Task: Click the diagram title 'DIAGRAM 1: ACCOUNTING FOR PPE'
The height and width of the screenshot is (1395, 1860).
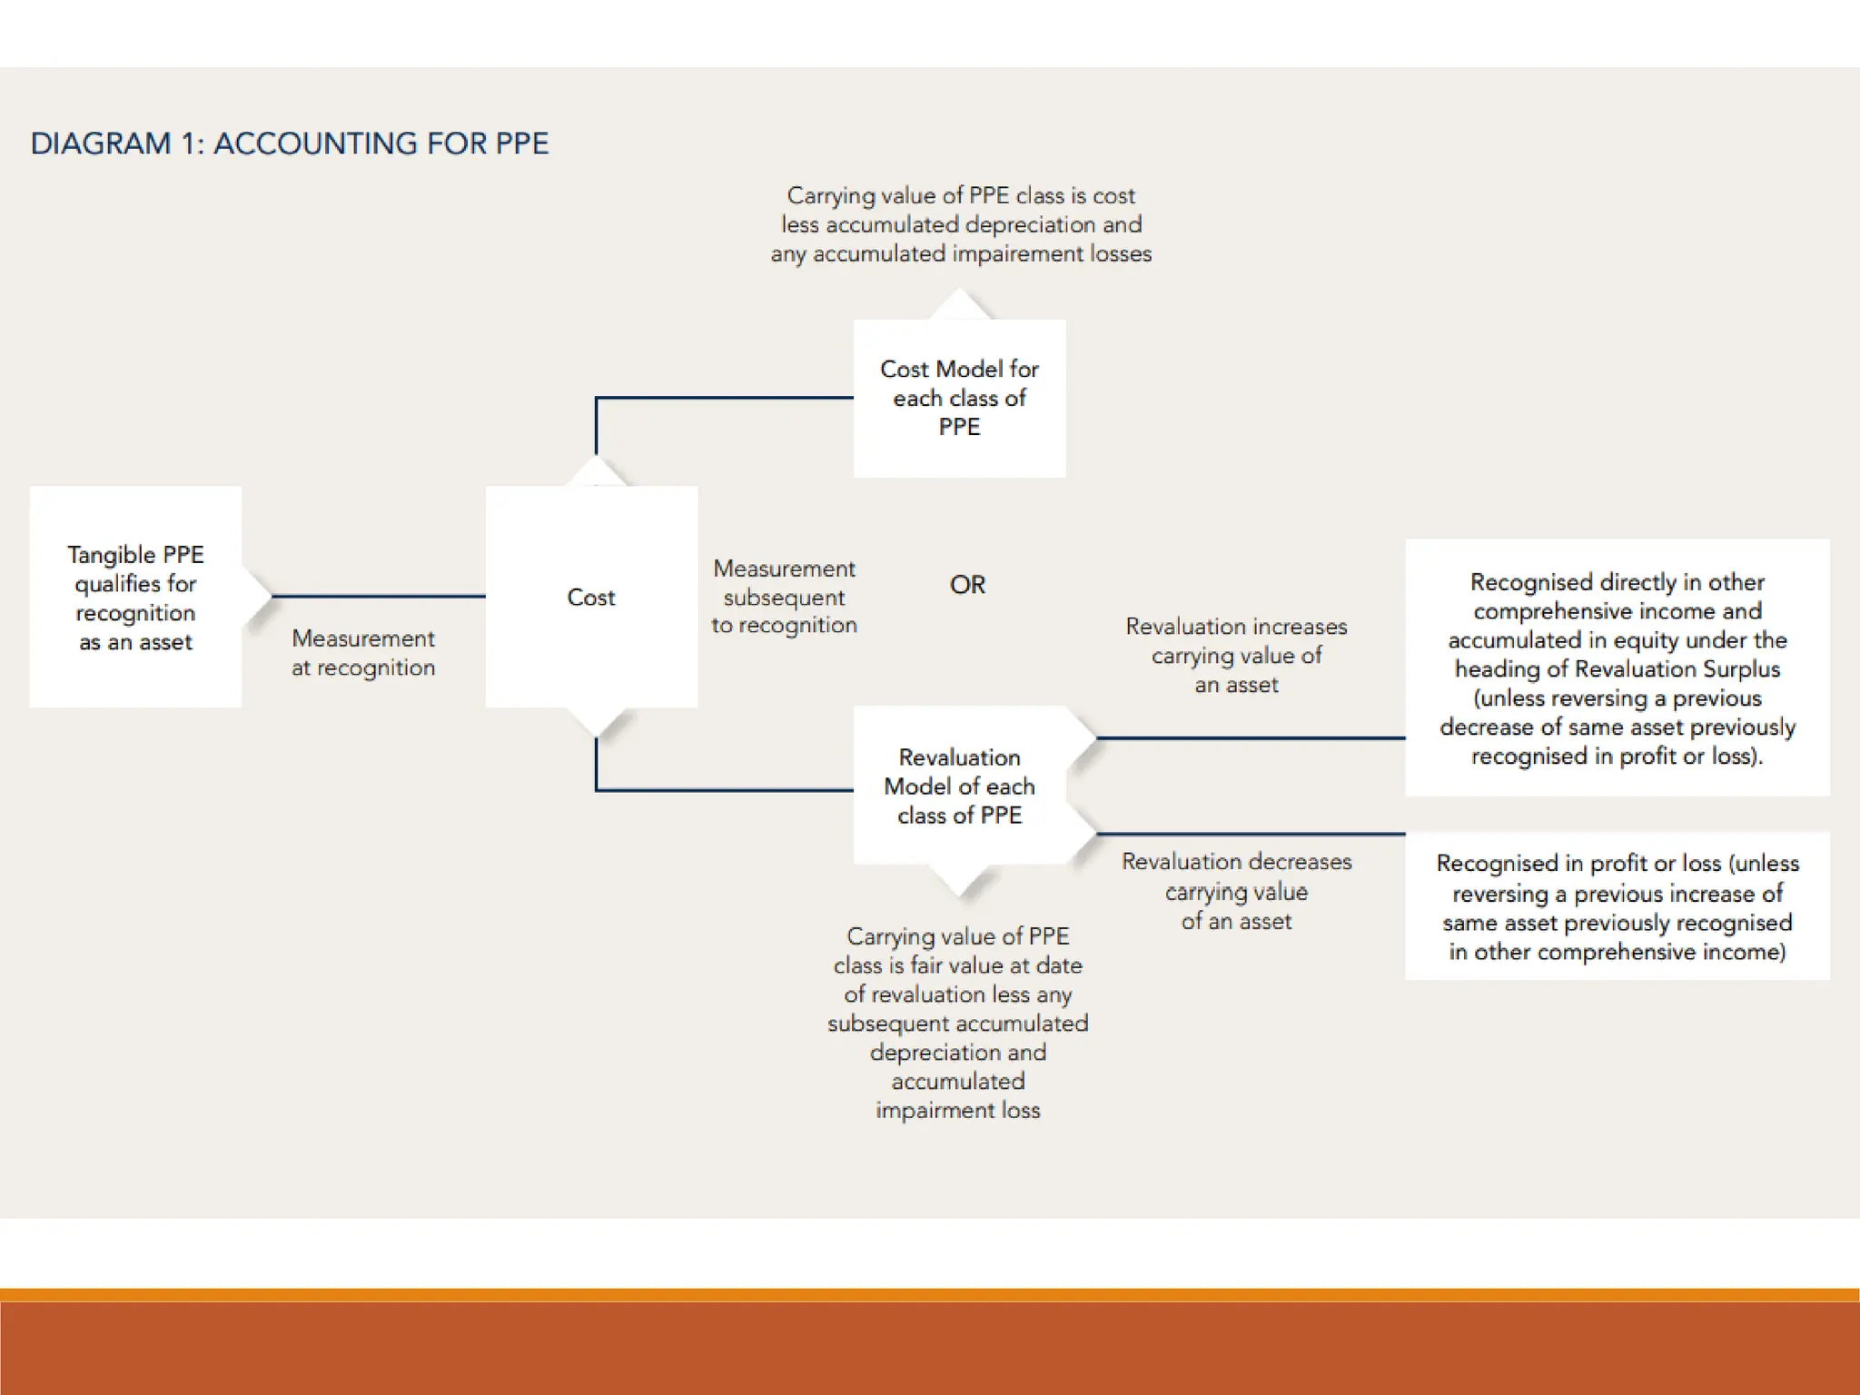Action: click(290, 143)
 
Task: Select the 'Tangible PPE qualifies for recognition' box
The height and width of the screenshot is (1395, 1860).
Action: click(135, 597)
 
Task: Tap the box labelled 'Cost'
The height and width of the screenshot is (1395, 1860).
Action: click(591, 597)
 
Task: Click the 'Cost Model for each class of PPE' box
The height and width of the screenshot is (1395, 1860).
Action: click(959, 398)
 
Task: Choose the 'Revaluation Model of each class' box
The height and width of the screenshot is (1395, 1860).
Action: click(959, 786)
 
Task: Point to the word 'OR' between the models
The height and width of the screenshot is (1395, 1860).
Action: click(967, 585)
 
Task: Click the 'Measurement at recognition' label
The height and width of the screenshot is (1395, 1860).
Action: click(363, 653)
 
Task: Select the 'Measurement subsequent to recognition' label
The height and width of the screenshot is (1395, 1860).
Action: click(784, 597)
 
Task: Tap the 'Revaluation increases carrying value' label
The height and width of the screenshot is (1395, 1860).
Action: click(1236, 655)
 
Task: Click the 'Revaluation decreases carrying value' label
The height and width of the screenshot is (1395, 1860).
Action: click(1236, 891)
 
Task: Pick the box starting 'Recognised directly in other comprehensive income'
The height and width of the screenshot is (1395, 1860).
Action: click(1617, 668)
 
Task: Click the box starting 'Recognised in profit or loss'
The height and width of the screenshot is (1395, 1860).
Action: click(1617, 906)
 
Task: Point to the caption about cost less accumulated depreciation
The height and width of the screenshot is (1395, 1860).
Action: click(961, 224)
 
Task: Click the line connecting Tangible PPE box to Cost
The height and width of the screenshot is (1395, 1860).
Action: click(378, 597)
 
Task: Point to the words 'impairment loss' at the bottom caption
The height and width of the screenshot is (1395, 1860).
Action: click(958, 1110)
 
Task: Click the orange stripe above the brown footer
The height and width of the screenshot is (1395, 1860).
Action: click(930, 1294)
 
